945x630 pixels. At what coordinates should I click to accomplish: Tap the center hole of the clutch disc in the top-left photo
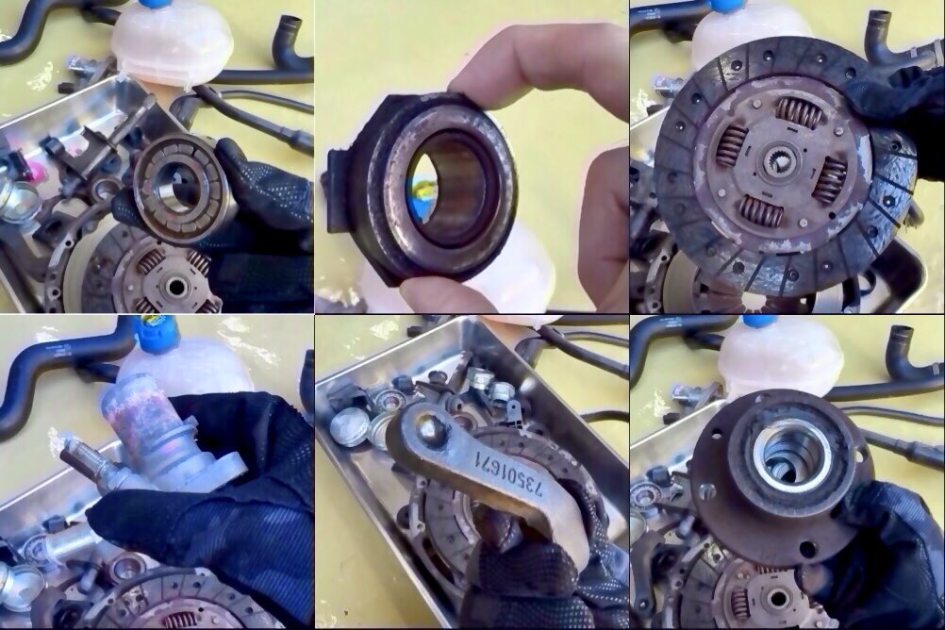coord(176,288)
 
